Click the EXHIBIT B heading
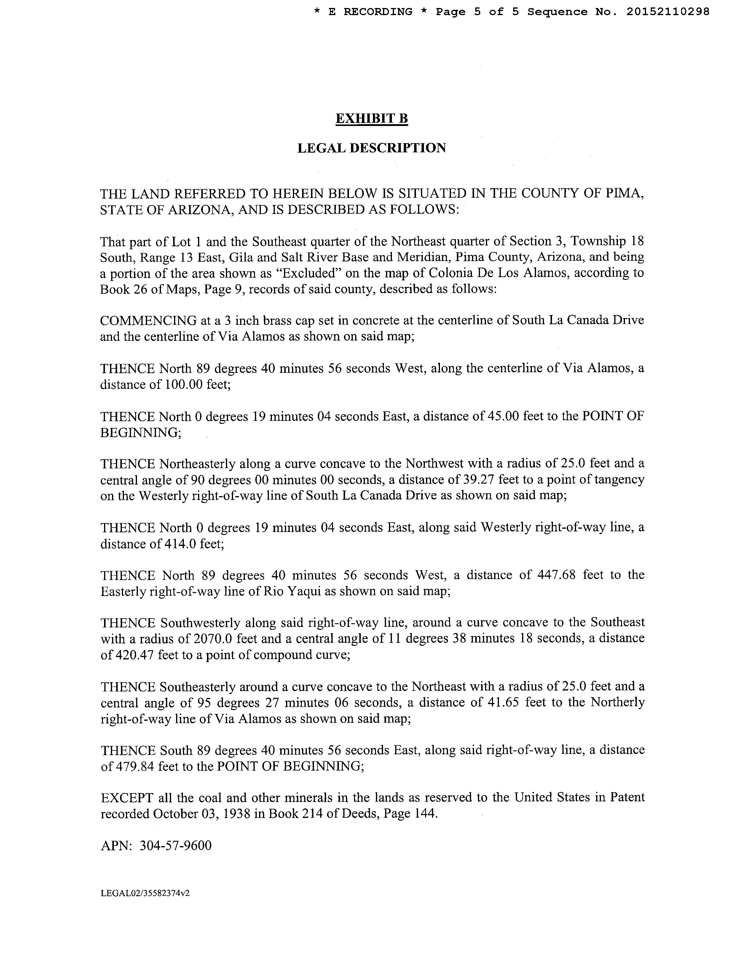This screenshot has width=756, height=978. click(x=371, y=119)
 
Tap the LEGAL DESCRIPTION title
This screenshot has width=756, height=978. click(x=371, y=148)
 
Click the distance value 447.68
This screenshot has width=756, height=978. click(x=554, y=575)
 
